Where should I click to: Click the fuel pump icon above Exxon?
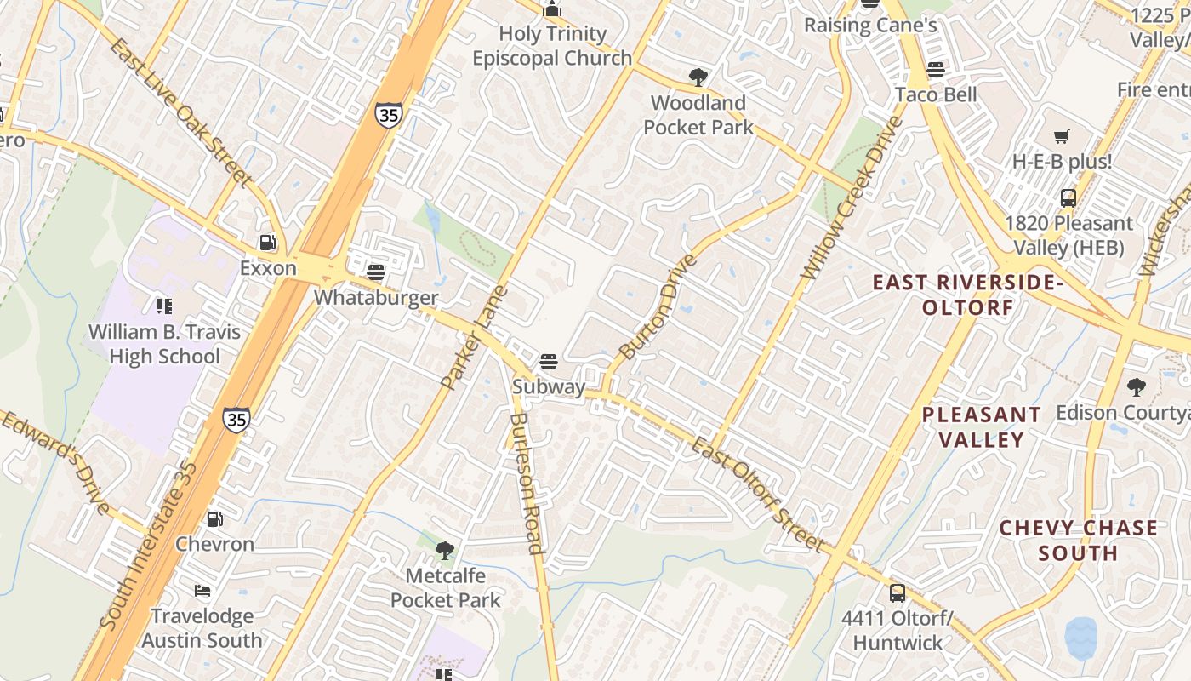pyautogui.click(x=268, y=243)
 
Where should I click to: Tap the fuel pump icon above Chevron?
pyautogui.click(x=215, y=518)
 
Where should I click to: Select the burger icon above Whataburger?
pyautogui.click(x=376, y=272)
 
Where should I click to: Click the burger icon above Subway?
pyautogui.click(x=549, y=361)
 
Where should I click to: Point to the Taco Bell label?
pyautogui.click(x=936, y=94)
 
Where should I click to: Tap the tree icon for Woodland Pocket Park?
pyautogui.click(x=698, y=77)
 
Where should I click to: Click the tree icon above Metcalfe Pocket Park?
pyautogui.click(x=445, y=551)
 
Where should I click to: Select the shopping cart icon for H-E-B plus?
pyautogui.click(x=1062, y=136)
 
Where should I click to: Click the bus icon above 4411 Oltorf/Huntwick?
pyautogui.click(x=898, y=592)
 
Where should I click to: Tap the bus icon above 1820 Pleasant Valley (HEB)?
pyautogui.click(x=1068, y=198)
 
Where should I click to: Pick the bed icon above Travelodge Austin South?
pyautogui.click(x=202, y=590)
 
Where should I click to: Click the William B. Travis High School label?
pyautogui.click(x=165, y=344)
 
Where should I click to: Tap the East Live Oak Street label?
pyautogui.click(x=180, y=112)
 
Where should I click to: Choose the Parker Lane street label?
pyautogui.click(x=475, y=338)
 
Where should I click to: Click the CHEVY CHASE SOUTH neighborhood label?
pyautogui.click(x=1078, y=541)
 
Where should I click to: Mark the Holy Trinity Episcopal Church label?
pyautogui.click(x=552, y=46)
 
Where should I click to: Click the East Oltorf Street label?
pyautogui.click(x=756, y=494)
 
